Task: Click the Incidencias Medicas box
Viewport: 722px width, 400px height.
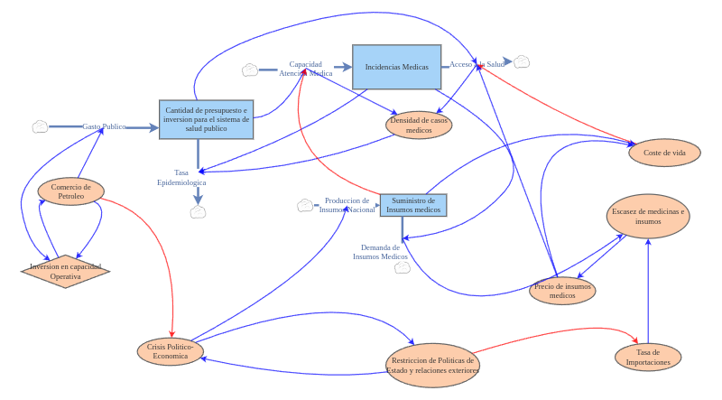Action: pos(396,67)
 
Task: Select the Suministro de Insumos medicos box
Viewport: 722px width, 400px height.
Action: pos(412,205)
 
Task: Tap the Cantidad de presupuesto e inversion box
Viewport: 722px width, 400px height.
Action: pos(206,119)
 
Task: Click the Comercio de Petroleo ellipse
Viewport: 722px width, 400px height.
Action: pos(70,191)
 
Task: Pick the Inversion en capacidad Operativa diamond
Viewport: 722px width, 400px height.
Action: pos(65,271)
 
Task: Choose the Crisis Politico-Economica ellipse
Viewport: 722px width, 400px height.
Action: pos(170,351)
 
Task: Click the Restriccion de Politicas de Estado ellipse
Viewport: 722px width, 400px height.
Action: pos(432,365)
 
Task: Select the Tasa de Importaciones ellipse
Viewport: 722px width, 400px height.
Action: pos(647,357)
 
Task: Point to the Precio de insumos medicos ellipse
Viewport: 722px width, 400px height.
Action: pos(562,291)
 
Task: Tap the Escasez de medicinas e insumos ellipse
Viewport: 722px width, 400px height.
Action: pos(648,216)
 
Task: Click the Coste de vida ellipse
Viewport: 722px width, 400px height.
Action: pos(664,153)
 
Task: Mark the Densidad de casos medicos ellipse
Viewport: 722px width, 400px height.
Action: pos(419,125)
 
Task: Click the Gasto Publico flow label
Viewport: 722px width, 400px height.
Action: pos(104,127)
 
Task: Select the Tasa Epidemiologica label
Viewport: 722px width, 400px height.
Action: pos(181,177)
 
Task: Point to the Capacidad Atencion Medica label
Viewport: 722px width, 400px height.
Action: pos(305,69)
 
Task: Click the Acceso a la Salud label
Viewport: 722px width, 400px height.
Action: pos(477,64)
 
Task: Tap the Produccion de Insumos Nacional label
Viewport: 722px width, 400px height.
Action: pos(347,205)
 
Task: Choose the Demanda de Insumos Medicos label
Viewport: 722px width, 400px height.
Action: pos(380,252)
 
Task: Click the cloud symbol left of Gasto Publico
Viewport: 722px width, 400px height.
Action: pos(40,126)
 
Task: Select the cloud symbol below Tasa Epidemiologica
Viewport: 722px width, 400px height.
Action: pos(198,212)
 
